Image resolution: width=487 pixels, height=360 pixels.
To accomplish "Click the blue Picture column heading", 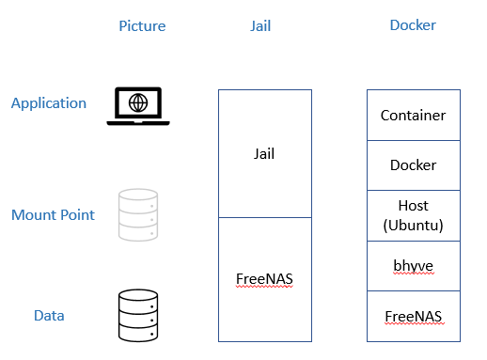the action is point(142,26).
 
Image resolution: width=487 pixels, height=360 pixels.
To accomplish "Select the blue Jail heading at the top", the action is point(260,26).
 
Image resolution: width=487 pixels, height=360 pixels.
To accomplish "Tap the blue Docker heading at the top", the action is point(413,25).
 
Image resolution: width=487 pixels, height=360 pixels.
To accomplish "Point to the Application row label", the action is point(49,103).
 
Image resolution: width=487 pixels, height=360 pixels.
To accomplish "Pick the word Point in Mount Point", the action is point(77,215).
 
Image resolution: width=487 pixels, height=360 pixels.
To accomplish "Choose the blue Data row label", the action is point(49,316).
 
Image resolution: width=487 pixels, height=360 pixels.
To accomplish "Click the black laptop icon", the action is point(138,106).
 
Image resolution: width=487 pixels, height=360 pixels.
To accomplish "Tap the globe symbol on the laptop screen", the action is point(138,102).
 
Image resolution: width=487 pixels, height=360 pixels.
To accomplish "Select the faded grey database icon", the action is point(138,214).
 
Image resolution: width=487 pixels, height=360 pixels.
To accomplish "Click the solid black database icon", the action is point(138,316).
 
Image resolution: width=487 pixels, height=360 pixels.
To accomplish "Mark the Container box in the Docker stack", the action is point(414,115).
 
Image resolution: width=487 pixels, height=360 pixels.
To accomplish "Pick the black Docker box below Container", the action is point(414,165).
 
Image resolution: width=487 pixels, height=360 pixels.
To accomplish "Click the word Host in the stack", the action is point(413,206).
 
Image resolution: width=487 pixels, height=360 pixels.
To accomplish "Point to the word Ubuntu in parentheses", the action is point(413,226).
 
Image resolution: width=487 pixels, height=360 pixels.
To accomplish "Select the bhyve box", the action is point(414,266).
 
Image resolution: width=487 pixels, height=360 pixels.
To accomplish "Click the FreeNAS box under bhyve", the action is point(414,316).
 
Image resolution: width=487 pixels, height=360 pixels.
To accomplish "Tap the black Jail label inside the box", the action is point(264,154).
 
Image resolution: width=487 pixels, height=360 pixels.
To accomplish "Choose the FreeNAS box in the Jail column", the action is point(265,279).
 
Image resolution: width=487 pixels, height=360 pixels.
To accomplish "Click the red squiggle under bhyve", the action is point(414,274).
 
